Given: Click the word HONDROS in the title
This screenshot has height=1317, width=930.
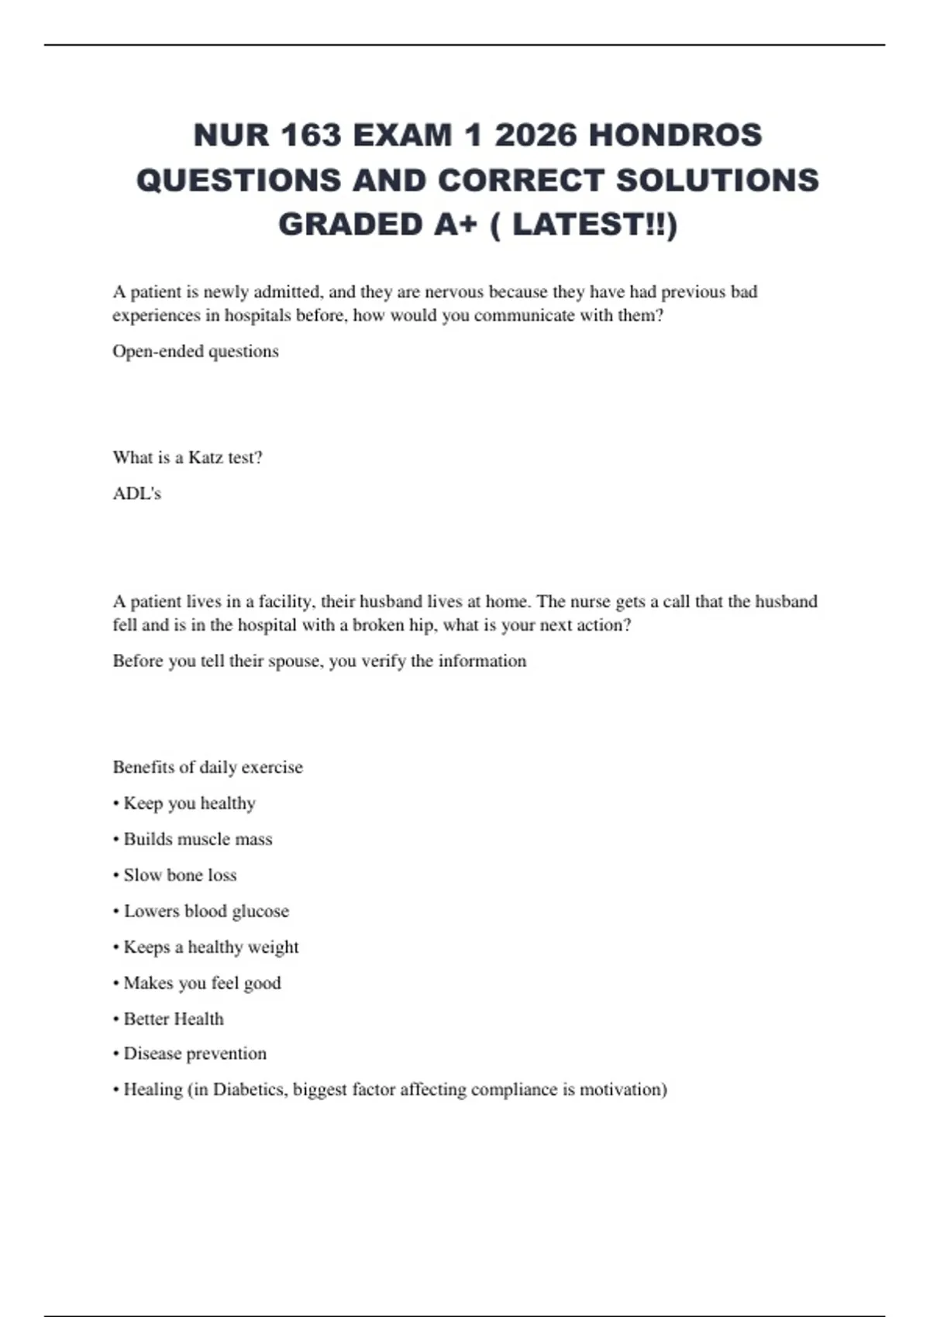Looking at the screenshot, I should point(675,136).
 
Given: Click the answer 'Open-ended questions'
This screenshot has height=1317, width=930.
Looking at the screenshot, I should point(195,351).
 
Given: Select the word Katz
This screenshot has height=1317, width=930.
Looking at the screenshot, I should point(205,457).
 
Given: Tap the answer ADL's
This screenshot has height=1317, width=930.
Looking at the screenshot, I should point(137,493).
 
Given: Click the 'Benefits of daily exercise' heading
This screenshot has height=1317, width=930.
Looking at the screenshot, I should point(208,767).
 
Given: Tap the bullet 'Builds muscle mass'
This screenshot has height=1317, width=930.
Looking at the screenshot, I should point(198,839).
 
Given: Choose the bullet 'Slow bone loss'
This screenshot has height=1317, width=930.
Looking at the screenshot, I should point(180,875).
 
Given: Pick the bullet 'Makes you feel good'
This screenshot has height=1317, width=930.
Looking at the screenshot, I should point(201,982).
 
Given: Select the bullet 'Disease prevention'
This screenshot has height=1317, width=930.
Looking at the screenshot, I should point(195,1054).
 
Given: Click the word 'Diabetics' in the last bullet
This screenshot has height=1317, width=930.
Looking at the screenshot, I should point(250,1089).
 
